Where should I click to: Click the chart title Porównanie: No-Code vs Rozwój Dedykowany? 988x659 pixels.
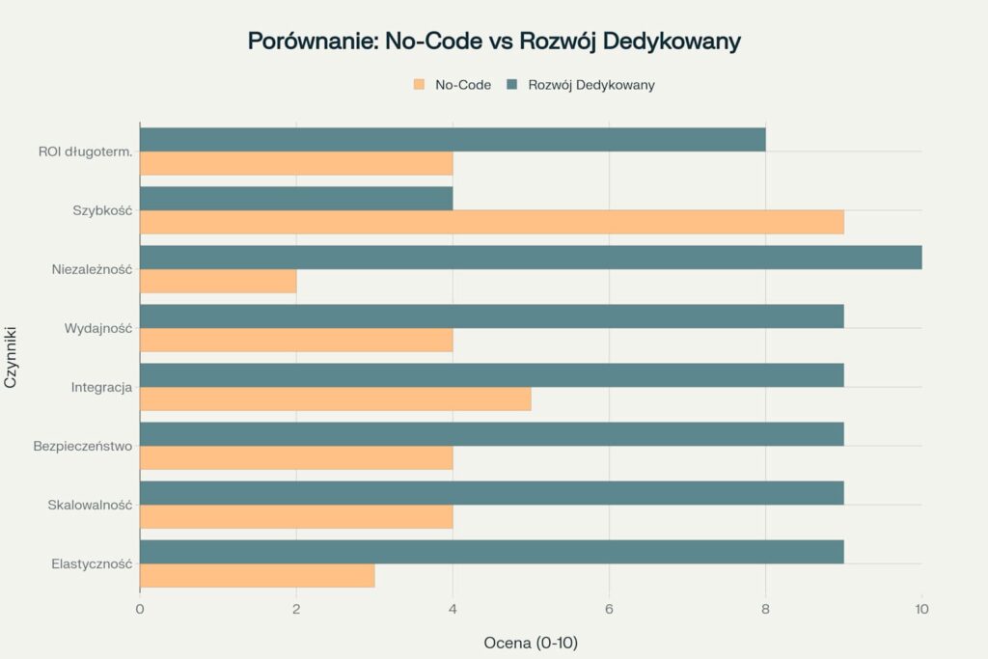[x=494, y=41]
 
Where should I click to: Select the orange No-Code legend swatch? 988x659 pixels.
[x=419, y=85]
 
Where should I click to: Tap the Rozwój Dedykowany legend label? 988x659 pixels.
[x=591, y=85]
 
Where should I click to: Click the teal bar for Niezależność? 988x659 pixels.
[x=531, y=258]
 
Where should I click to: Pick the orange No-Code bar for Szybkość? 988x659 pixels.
[x=492, y=222]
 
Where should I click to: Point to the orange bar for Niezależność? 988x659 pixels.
[x=218, y=281]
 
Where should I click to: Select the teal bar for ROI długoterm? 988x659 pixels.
[x=453, y=140]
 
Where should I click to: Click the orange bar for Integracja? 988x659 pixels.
[x=336, y=398]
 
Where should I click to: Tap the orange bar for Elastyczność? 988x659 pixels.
[x=258, y=576]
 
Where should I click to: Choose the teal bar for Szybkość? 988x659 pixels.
[x=296, y=199]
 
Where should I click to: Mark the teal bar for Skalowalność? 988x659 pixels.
[x=492, y=493]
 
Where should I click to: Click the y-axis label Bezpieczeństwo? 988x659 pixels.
[x=82, y=446]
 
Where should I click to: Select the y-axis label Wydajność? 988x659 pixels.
[x=98, y=328]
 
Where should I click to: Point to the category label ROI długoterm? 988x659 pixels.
[x=85, y=151]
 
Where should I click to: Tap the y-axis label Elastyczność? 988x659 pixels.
[x=92, y=563]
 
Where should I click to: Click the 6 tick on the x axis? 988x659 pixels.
[x=609, y=609]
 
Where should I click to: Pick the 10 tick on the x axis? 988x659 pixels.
[x=921, y=609]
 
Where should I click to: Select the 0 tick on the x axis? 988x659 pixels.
[x=140, y=609]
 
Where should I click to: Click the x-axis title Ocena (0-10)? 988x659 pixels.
[x=531, y=642]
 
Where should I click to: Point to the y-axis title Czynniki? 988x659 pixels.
[x=12, y=358]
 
